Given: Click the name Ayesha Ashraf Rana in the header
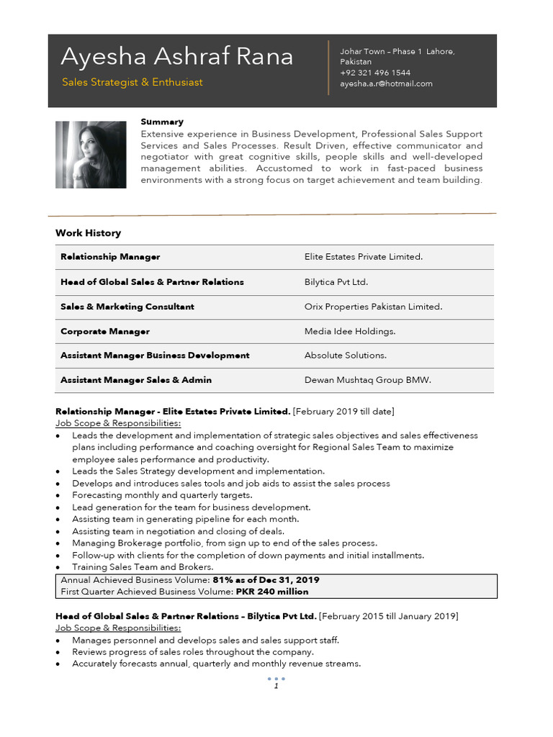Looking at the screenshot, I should [176, 57].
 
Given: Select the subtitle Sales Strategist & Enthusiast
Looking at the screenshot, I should [132, 82].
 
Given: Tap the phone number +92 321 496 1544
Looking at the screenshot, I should [375, 73].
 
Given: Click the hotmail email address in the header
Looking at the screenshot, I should [386, 83].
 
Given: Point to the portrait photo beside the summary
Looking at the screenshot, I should [91, 155].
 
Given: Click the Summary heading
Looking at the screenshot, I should [162, 122].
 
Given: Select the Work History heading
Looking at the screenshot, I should [88, 233].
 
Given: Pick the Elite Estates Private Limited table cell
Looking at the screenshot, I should [364, 257].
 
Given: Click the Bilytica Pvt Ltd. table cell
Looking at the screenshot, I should [336, 282].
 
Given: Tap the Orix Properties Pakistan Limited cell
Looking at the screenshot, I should [373, 307].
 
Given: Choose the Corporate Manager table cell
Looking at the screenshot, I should [105, 331].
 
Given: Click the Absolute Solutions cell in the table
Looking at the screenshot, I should [346, 356].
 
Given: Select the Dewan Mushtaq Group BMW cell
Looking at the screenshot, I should [367, 380].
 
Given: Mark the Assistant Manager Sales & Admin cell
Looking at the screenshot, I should [136, 380].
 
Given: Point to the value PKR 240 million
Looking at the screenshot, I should [272, 592].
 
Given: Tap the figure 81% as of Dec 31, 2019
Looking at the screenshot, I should [266, 580].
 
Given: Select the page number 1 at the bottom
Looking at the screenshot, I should [276, 687].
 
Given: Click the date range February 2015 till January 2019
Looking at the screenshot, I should [388, 617].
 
